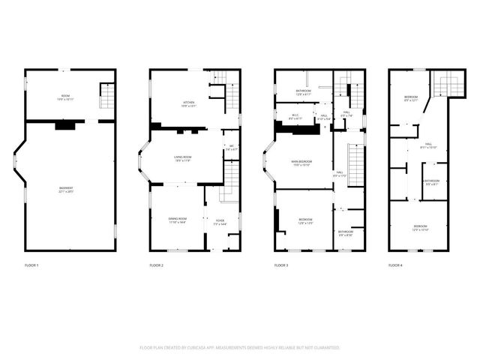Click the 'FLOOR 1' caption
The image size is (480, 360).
pyautogui.click(x=31, y=265)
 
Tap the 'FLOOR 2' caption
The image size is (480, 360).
pyautogui.click(x=156, y=265)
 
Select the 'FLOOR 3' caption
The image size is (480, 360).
pyautogui.click(x=281, y=265)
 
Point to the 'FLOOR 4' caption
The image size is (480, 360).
pyautogui.click(x=395, y=265)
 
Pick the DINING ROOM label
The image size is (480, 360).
pyautogui.click(x=178, y=220)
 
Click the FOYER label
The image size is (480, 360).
pyautogui.click(x=220, y=222)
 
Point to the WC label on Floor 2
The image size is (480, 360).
pyautogui.click(x=232, y=148)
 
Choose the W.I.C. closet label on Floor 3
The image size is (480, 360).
pyautogui.click(x=295, y=116)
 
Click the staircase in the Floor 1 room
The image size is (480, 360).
pyautogui.click(x=107, y=96)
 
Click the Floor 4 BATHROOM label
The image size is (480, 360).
pyautogui.click(x=431, y=182)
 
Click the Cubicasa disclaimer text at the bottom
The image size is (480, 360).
pyautogui.click(x=240, y=347)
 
